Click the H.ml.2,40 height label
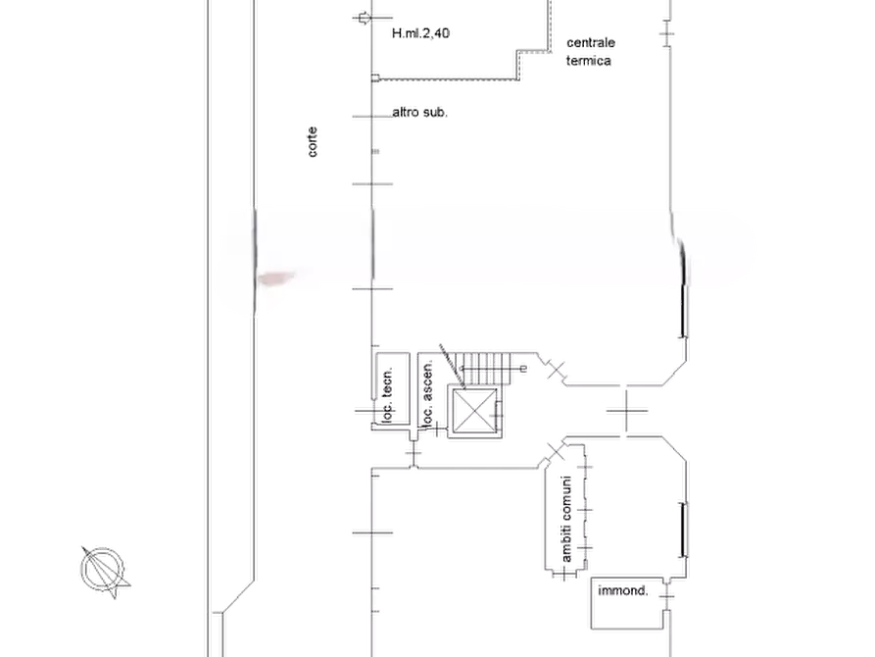[420, 33]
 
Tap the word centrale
[591, 42]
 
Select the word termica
[588, 61]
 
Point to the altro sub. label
[420, 112]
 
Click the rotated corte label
[313, 142]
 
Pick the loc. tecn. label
[387, 394]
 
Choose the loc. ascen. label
[427, 394]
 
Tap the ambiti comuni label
[566, 519]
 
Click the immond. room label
[623, 590]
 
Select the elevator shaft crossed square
[474, 411]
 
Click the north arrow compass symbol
[104, 571]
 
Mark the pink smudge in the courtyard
[276, 278]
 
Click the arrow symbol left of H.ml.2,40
[364, 19]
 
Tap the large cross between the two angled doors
[627, 411]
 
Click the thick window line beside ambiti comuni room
[683, 531]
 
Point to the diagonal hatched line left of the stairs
[452, 366]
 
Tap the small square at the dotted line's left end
[375, 78]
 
